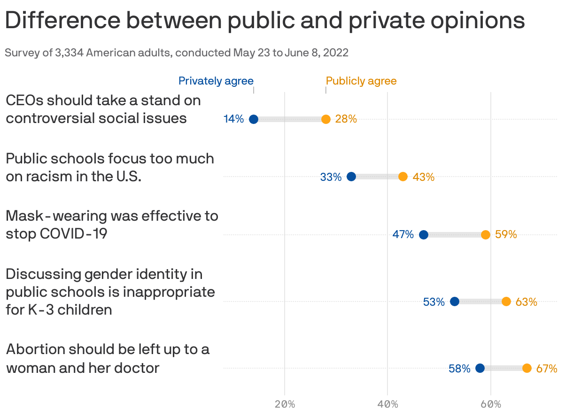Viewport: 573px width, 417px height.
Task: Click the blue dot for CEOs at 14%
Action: pyautogui.click(x=254, y=119)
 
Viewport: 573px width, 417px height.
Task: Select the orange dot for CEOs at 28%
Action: pyautogui.click(x=326, y=119)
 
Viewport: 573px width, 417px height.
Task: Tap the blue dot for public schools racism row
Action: pyautogui.click(x=351, y=177)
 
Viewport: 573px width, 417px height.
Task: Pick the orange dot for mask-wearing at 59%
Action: pyautogui.click(x=486, y=235)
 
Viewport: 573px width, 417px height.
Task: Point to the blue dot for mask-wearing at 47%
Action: pyautogui.click(x=423, y=235)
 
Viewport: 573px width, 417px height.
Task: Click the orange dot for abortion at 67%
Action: pyautogui.click(x=527, y=368)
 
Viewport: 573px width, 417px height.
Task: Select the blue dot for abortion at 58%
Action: pyautogui.click(x=480, y=368)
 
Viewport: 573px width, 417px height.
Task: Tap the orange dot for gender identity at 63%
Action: pyautogui.click(x=506, y=301)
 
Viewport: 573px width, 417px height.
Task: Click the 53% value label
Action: pyautogui.click(x=434, y=302)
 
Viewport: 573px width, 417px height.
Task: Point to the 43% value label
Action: pyautogui.click(x=423, y=177)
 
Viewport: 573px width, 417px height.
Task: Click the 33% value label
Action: pyautogui.click(x=331, y=177)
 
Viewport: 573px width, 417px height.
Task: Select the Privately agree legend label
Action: pyautogui.click(x=216, y=81)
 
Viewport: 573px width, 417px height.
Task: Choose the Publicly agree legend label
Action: pyautogui.click(x=361, y=81)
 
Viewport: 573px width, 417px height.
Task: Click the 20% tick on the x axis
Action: pyautogui.click(x=285, y=404)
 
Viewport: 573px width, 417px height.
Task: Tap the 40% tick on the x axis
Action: pyautogui.click(x=387, y=404)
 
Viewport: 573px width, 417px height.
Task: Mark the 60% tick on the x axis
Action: pyautogui.click(x=491, y=404)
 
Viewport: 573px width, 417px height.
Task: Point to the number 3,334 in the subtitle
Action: pyautogui.click(x=70, y=53)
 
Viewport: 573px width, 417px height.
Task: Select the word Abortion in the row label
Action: pyautogui.click(x=35, y=349)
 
